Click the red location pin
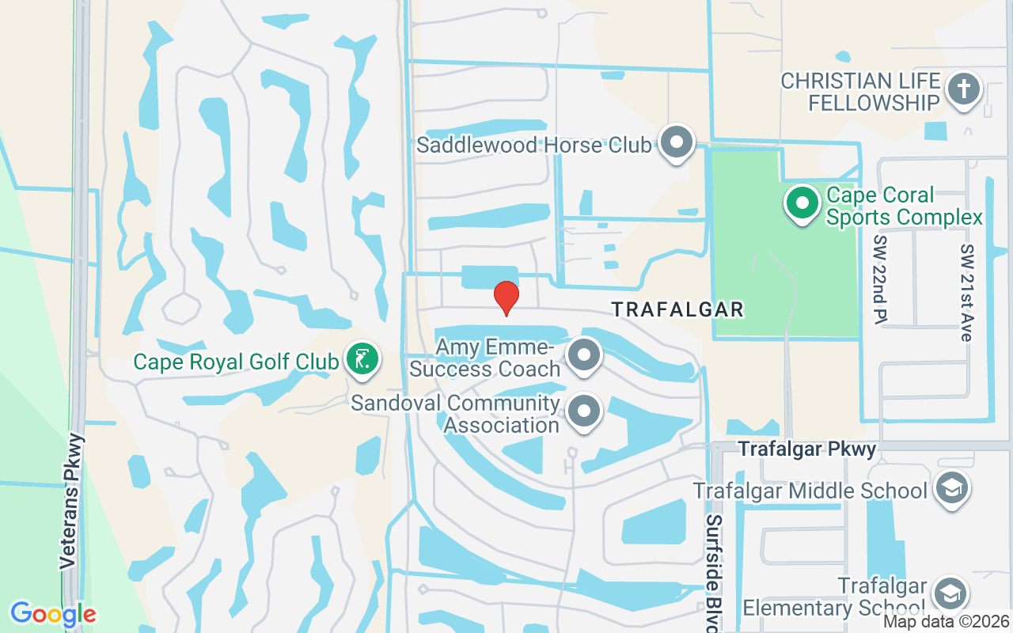pyautogui.click(x=506, y=298)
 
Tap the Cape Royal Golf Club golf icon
pyautogui.click(x=362, y=360)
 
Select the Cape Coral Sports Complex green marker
pyautogui.click(x=802, y=203)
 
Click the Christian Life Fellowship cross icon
pyautogui.click(x=963, y=89)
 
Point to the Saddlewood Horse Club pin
pyautogui.click(x=676, y=143)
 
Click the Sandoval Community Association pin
pyautogui.click(x=584, y=411)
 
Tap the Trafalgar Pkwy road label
pyautogui.click(x=807, y=449)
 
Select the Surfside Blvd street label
pyautogui.click(x=714, y=573)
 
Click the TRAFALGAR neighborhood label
pyautogui.click(x=678, y=309)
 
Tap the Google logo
pyautogui.click(x=53, y=613)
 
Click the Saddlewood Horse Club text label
pyautogui.click(x=534, y=145)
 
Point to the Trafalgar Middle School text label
pyautogui.click(x=810, y=491)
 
